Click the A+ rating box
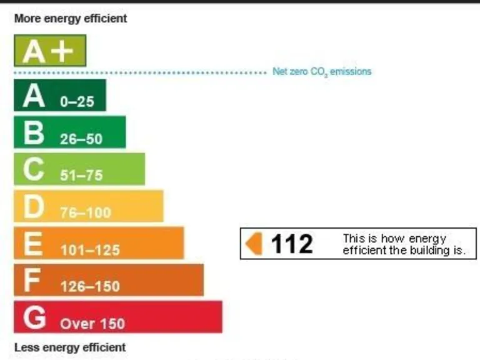click(50, 51)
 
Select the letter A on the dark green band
click(34, 96)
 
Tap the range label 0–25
click(77, 102)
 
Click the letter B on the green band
click(34, 133)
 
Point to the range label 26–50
click(81, 139)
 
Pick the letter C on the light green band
click(35, 170)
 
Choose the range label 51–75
click(81, 176)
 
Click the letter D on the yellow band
click(34, 207)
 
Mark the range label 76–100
click(86, 212)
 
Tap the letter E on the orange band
click(33, 244)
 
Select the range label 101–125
click(90, 250)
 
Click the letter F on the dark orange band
click(32, 281)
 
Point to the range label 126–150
click(90, 287)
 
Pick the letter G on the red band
click(35, 317)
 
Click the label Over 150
click(92, 324)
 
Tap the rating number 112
click(292, 244)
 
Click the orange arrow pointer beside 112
click(254, 243)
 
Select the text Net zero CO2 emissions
click(322, 72)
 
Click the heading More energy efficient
click(71, 19)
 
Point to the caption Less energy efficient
click(70, 347)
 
